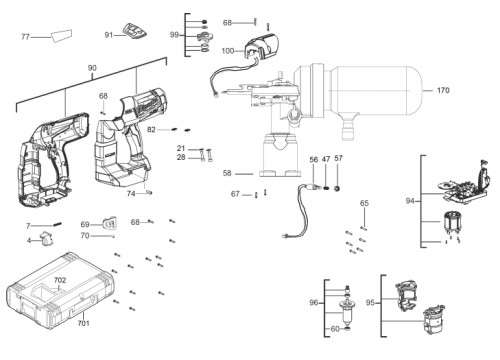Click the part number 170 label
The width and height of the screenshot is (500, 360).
tap(443, 90)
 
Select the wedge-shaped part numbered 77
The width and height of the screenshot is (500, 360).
tap(62, 35)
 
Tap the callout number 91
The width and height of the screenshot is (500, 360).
tap(109, 35)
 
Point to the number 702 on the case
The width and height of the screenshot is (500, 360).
tap(60, 280)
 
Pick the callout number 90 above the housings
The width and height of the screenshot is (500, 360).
tap(92, 68)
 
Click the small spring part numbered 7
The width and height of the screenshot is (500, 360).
tap(57, 224)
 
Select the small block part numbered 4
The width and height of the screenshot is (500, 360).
tap(46, 239)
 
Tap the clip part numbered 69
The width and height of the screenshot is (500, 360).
tap(110, 223)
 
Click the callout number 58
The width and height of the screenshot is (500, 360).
tap(227, 173)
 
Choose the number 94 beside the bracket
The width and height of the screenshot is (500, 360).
tap(410, 201)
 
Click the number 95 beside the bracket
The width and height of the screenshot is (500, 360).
tap(370, 303)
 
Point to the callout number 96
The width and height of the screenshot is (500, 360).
tap(314, 303)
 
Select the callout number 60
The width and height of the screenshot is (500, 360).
tap(335, 329)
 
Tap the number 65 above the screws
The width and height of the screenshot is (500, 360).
tap(364, 203)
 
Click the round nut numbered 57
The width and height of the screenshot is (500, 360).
tap(337, 189)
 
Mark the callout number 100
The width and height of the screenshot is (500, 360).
tap(228, 51)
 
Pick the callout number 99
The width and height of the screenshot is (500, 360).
tap(174, 35)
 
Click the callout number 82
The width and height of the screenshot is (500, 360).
tap(151, 129)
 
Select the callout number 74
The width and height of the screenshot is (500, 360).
tap(131, 193)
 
